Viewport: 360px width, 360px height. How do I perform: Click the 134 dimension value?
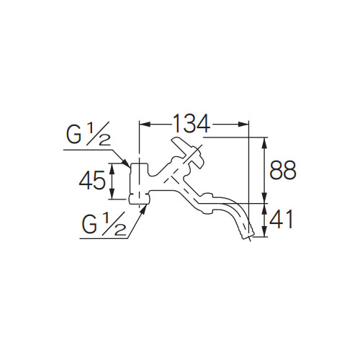[191, 124]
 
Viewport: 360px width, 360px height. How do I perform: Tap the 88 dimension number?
[283, 170]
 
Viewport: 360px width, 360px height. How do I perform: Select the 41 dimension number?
[282, 220]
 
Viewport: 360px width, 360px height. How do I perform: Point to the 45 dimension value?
[92, 180]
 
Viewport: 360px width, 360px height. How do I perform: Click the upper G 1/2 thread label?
[89, 133]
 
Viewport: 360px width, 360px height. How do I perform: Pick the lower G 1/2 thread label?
[104, 224]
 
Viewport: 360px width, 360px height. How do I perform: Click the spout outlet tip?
[247, 234]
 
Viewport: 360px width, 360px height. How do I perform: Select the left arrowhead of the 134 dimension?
[145, 124]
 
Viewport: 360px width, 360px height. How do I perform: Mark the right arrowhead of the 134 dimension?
[243, 124]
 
